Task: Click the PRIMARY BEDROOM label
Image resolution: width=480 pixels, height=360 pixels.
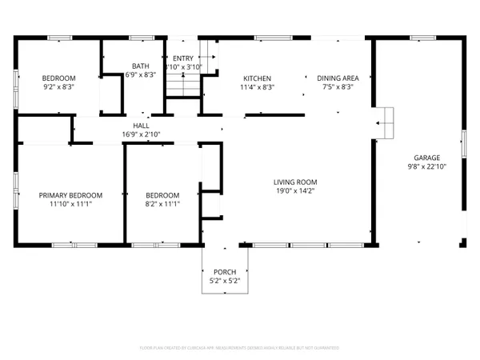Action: pyautogui.click(x=71, y=195)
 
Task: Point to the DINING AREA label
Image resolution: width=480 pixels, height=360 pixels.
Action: pyautogui.click(x=338, y=78)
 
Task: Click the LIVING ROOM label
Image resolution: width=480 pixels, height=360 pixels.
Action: pyautogui.click(x=290, y=182)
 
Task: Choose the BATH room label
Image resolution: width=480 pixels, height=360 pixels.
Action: pyautogui.click(x=140, y=66)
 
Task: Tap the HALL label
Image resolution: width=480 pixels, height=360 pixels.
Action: pyautogui.click(x=140, y=126)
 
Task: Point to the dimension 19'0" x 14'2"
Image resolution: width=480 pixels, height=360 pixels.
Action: pyautogui.click(x=290, y=191)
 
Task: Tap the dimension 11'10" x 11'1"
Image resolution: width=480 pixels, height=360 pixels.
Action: pyautogui.click(x=71, y=205)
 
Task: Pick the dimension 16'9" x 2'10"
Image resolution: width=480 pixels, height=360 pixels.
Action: pyautogui.click(x=140, y=134)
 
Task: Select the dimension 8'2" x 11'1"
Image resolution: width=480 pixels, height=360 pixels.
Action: pyautogui.click(x=162, y=205)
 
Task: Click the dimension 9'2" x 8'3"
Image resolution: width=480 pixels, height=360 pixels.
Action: pyautogui.click(x=58, y=87)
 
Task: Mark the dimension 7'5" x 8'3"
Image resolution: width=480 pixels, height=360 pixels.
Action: pyautogui.click(x=338, y=87)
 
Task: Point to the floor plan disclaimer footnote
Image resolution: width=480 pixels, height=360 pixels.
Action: pyautogui.click(x=240, y=348)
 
